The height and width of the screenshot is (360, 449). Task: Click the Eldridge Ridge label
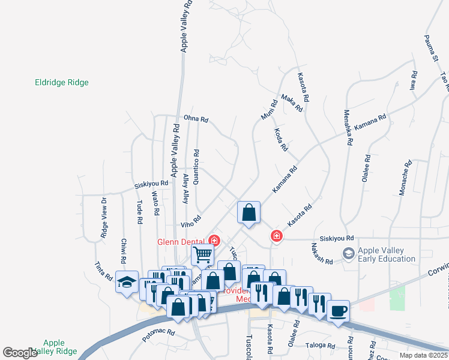tap(62, 83)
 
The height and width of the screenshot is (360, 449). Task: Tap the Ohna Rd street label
tap(196, 119)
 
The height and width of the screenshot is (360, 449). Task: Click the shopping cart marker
tap(202, 254)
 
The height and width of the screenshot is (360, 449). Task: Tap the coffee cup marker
tap(339, 311)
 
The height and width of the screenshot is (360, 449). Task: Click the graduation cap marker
tap(127, 282)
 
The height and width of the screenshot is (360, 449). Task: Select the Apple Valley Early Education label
tap(387, 254)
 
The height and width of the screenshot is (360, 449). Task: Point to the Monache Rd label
tap(405, 178)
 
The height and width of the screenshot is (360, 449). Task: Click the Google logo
tap(20, 353)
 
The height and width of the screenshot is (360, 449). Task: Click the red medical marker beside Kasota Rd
tap(276, 236)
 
